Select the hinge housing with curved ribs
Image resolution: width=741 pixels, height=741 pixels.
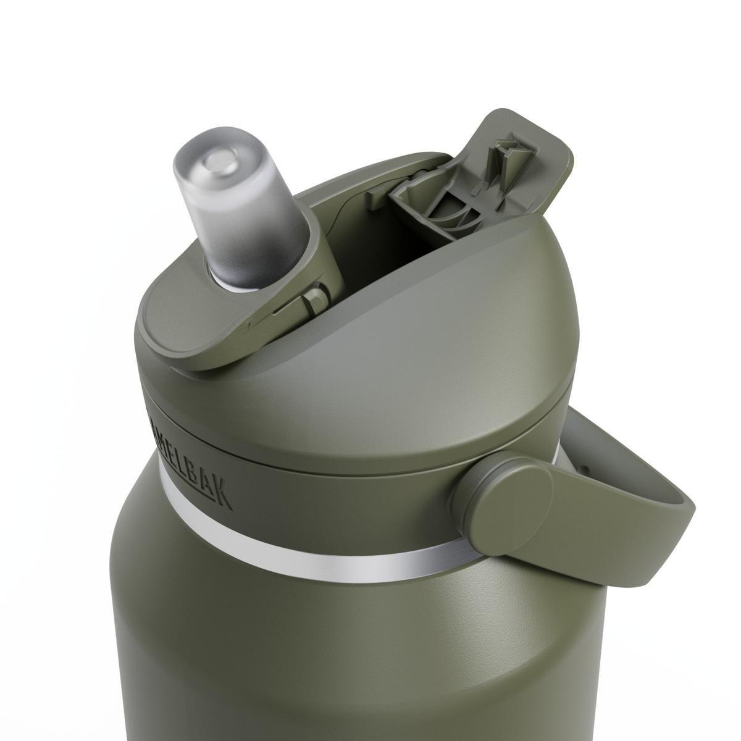coord(432,222)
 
